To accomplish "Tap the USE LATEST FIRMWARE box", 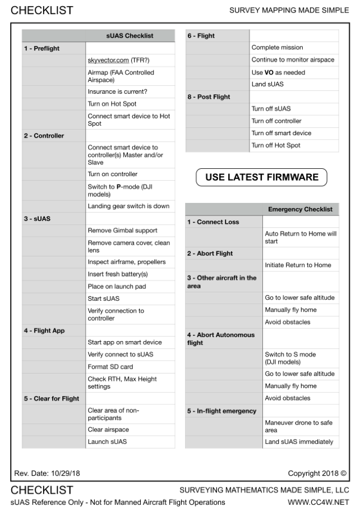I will (261, 177).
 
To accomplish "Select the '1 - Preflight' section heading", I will (41, 48).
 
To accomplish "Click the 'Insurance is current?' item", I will (117, 91).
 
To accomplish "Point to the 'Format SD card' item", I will (110, 367).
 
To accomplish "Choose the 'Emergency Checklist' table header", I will (300, 209).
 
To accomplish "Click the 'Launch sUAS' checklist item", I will (108, 442).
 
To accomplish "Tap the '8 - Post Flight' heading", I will (208, 96).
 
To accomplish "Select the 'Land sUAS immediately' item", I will (299, 442).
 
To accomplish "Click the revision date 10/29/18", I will (47, 473).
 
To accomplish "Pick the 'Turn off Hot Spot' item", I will (276, 145).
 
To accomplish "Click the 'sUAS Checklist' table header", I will (130, 36).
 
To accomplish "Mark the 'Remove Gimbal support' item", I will (122, 231).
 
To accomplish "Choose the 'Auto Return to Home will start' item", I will (300, 237).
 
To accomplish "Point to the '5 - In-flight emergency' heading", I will (221, 411).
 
